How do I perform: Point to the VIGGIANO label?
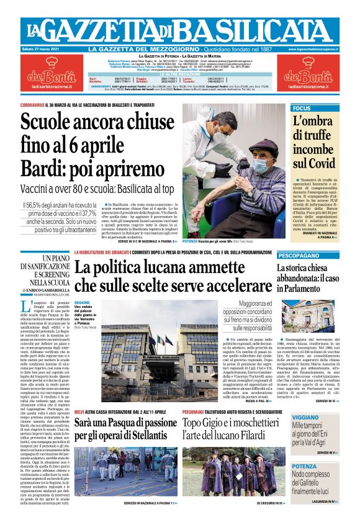(x=305, y=418)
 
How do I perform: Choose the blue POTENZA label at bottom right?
(x=304, y=466)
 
